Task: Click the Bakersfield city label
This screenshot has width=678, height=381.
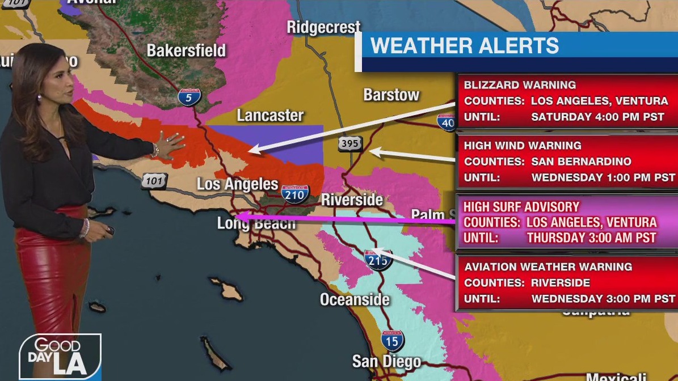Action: coord(186,50)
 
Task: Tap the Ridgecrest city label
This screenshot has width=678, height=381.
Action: coord(323,27)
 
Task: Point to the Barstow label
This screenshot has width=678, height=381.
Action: coord(391,95)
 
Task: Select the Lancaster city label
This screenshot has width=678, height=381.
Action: coord(270,116)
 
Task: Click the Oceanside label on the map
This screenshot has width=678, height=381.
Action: coord(355,299)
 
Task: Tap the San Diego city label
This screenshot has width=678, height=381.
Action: coord(386,361)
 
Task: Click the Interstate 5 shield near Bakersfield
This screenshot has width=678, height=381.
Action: coord(189,97)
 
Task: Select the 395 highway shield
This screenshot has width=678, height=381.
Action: coord(349,144)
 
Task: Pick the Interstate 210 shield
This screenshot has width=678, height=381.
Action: coord(295,194)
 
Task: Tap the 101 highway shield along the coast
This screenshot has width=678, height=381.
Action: coord(154,181)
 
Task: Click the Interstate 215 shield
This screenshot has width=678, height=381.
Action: coord(377,260)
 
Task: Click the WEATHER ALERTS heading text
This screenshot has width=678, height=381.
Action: coord(465,46)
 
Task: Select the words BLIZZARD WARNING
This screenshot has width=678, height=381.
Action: coord(520,85)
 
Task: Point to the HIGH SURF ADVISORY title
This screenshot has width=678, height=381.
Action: coord(521,207)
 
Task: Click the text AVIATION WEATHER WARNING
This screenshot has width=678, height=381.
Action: coord(548,267)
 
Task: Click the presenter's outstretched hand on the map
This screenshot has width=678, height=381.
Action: coord(170,145)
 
